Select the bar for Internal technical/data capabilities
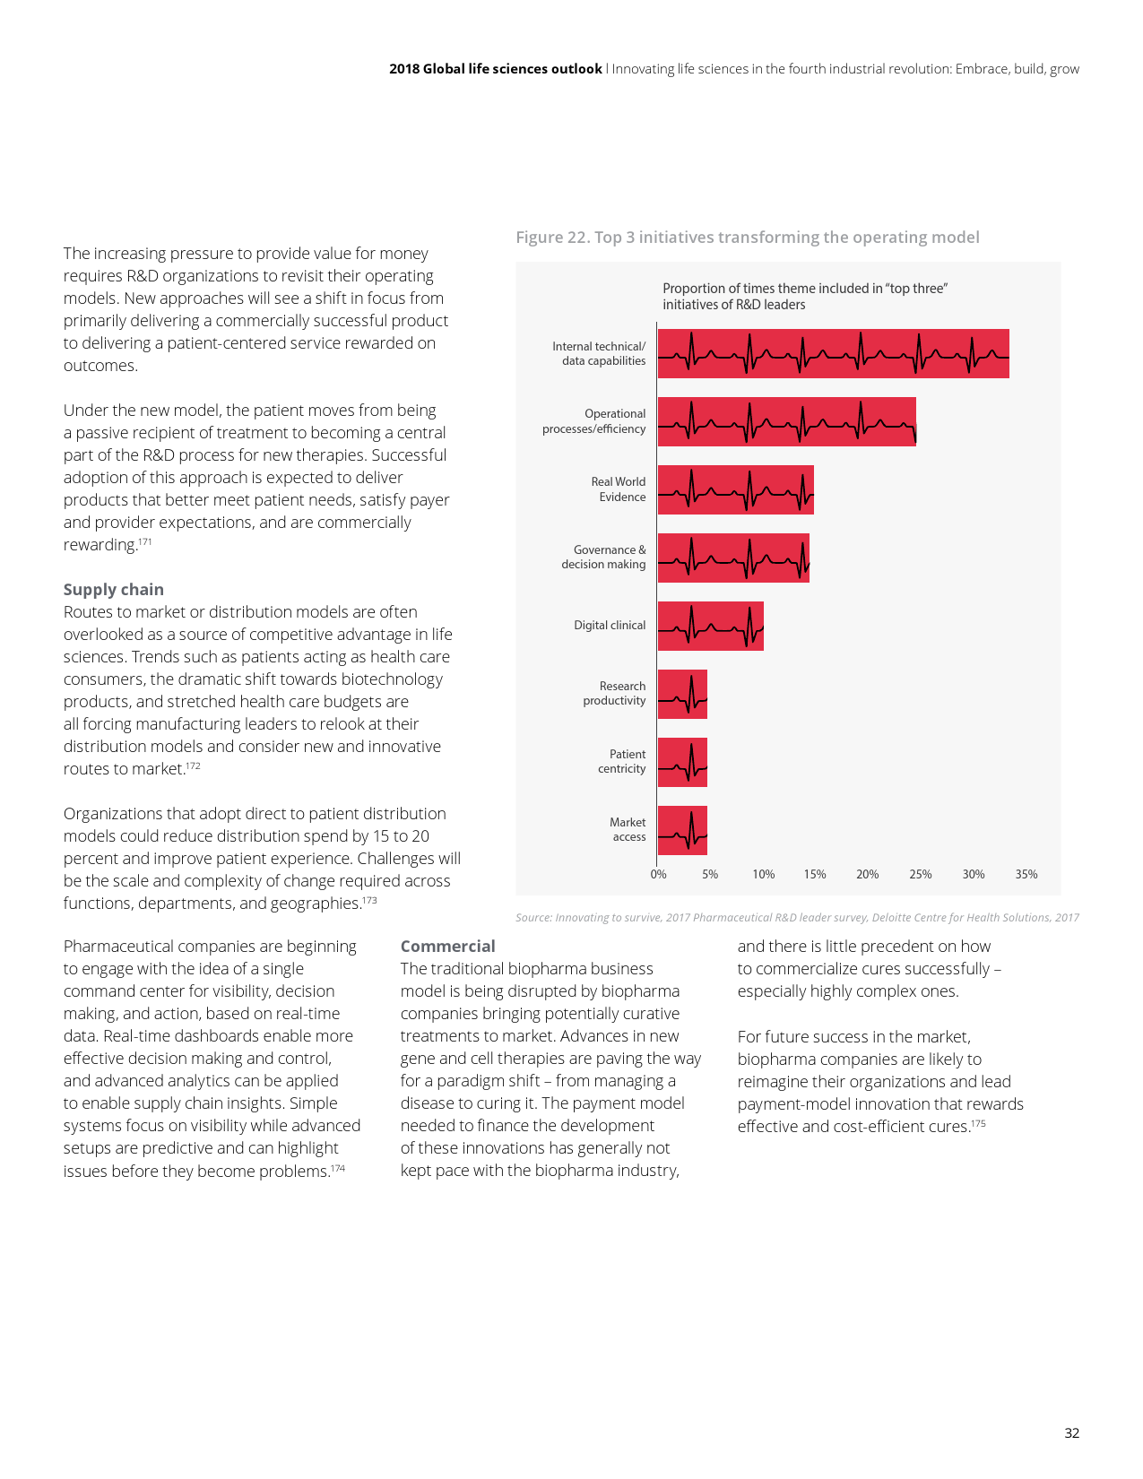pyautogui.click(x=833, y=353)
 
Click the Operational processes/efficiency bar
pyautogui.click(x=786, y=421)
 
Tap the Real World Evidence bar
pyautogui.click(x=735, y=489)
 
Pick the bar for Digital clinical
pyautogui.click(x=710, y=626)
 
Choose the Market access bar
pyautogui.click(x=682, y=830)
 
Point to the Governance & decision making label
pyautogui.click(x=603, y=557)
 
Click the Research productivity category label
pyautogui.click(x=614, y=693)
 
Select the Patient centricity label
pyautogui.click(x=622, y=761)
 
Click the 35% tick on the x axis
pyautogui.click(x=1026, y=874)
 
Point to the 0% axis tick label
pyautogui.click(x=659, y=874)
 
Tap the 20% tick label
pyautogui.click(x=867, y=874)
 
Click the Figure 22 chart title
pyautogui.click(x=747, y=238)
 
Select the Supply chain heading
pyautogui.click(x=114, y=590)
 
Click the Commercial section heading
pyautogui.click(x=447, y=947)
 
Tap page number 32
pyautogui.click(x=1071, y=1433)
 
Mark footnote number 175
pyautogui.click(x=978, y=1123)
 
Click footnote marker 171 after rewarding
pyautogui.click(x=145, y=541)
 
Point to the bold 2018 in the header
pyautogui.click(x=404, y=69)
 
